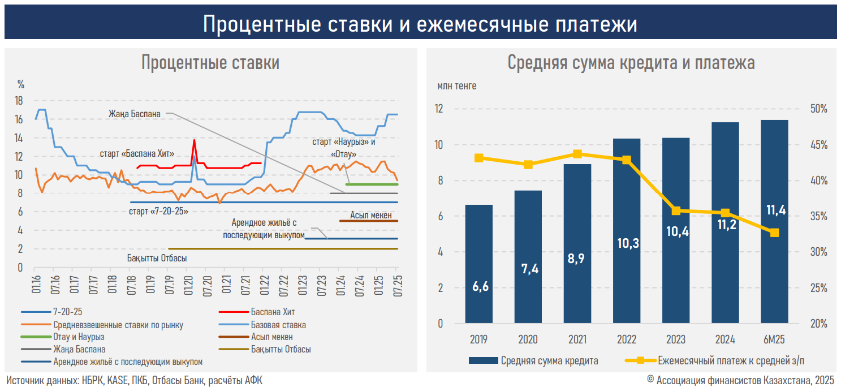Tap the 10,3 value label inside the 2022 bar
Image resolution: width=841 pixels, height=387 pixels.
[x=627, y=243]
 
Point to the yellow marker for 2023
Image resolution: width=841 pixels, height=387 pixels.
[x=676, y=211]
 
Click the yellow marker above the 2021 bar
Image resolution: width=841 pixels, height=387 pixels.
[x=577, y=154]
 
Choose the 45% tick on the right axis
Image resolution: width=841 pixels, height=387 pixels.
[x=816, y=145]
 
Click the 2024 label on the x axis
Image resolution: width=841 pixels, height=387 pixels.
[x=724, y=339]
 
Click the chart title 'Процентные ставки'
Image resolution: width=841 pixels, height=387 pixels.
[x=210, y=62]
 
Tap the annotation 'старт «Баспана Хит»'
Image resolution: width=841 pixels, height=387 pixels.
[x=136, y=153]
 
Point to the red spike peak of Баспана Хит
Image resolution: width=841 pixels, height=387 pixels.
[x=194, y=140]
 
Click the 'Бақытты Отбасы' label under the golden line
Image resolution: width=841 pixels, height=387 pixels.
[x=157, y=258]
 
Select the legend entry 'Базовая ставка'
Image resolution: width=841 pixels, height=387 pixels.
[x=278, y=325]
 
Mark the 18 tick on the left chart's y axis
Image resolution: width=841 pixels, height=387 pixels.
[x=19, y=101]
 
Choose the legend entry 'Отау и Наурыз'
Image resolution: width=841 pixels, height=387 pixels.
[x=79, y=337]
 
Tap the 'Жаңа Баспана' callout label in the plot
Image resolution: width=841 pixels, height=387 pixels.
[x=135, y=114]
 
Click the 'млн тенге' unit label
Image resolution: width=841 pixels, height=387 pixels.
[x=456, y=86]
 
